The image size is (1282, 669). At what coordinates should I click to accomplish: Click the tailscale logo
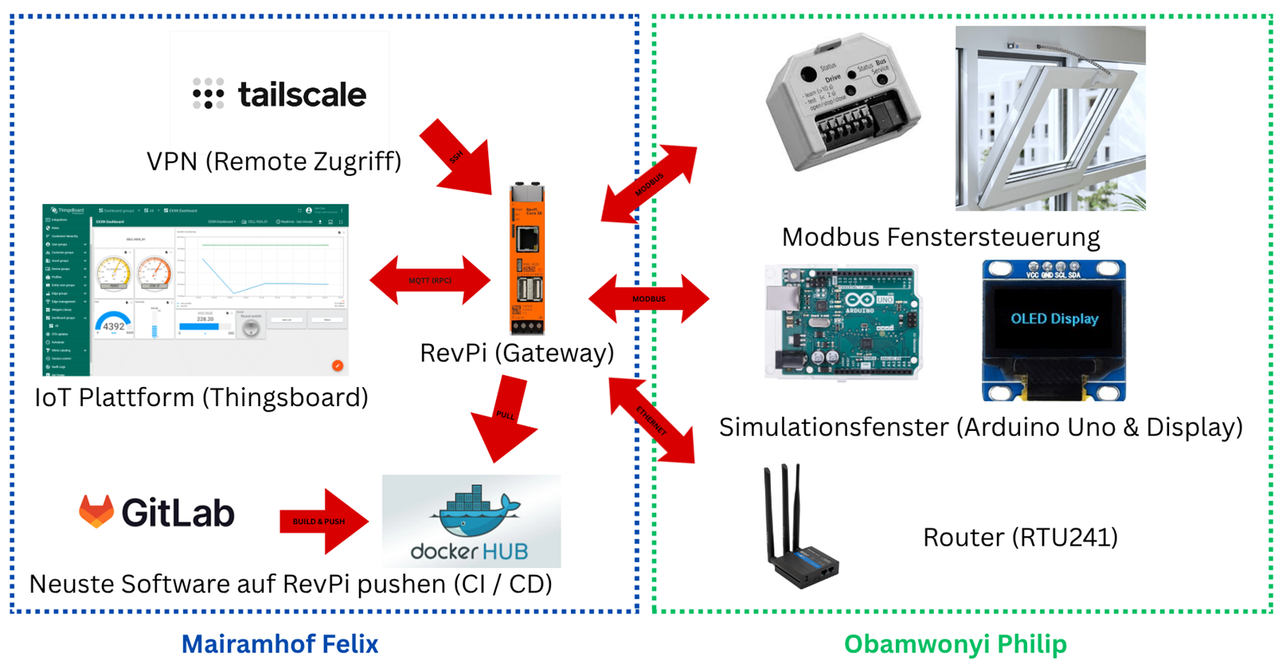pyautogui.click(x=279, y=94)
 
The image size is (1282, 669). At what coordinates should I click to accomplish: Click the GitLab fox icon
pyautogui.click(x=96, y=511)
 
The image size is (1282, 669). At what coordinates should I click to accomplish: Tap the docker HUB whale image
pyautogui.click(x=471, y=522)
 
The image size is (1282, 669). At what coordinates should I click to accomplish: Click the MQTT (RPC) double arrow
pyautogui.click(x=430, y=280)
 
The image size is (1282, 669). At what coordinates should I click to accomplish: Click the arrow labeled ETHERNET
pyautogui.click(x=651, y=420)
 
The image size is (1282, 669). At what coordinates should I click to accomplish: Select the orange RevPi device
pyautogui.click(x=527, y=259)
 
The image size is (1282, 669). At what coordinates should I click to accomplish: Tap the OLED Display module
pyautogui.click(x=1053, y=329)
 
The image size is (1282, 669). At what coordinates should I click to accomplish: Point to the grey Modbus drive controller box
pyautogui.click(x=842, y=102)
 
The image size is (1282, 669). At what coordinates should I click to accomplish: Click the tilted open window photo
pyautogui.click(x=1050, y=118)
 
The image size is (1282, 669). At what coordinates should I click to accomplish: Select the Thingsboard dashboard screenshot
pyautogui.click(x=195, y=290)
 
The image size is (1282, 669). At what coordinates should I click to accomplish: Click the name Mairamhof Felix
pyautogui.click(x=279, y=644)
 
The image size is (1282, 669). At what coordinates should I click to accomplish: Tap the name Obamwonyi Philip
pyautogui.click(x=955, y=644)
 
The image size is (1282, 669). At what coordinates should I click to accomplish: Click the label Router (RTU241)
pyautogui.click(x=1020, y=538)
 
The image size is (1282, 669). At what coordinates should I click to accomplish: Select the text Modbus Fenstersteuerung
pyautogui.click(x=940, y=237)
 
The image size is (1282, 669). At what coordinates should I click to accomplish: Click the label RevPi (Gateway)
pyautogui.click(x=517, y=352)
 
